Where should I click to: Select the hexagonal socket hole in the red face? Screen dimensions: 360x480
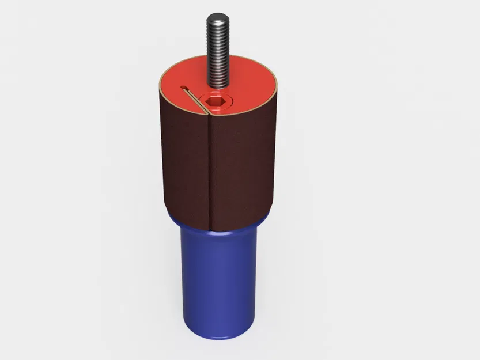pyautogui.click(x=213, y=104)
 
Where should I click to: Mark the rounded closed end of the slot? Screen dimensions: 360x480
pyautogui.click(x=183, y=88)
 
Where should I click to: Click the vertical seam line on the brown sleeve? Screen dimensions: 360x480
pyautogui.click(x=209, y=173)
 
